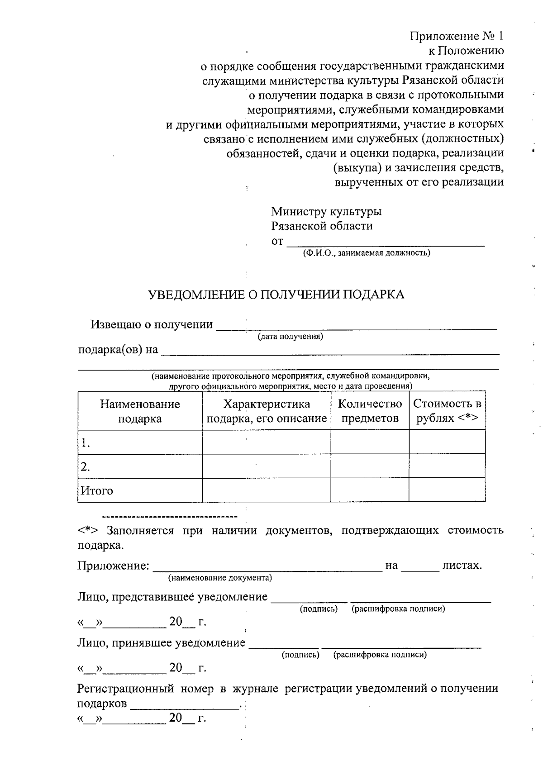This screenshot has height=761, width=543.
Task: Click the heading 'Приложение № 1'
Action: point(457,36)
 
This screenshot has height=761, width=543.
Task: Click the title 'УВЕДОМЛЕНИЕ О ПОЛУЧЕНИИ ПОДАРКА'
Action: point(276,295)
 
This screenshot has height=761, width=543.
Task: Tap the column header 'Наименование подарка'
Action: point(140,411)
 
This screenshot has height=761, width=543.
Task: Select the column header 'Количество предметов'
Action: point(370,411)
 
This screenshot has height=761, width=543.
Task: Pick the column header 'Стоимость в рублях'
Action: point(447,411)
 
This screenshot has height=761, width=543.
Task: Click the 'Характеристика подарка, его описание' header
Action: point(267,411)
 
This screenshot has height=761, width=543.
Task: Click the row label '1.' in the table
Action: point(86,443)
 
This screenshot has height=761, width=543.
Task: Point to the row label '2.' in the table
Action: point(86,467)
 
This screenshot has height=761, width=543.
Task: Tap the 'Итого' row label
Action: point(97,491)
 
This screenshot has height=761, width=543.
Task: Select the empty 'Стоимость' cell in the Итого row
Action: point(447,490)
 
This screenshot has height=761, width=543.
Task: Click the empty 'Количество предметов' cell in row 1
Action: point(370,442)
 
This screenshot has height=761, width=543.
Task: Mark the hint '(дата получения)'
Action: point(290,337)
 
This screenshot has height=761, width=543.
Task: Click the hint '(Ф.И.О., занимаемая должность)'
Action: point(367,253)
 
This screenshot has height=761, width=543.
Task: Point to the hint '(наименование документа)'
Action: point(220,578)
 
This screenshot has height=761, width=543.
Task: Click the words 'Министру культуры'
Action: point(326,211)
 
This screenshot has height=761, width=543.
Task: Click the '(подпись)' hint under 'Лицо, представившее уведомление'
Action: point(319,609)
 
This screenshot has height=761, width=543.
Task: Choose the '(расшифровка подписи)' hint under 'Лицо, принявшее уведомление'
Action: point(380,655)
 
